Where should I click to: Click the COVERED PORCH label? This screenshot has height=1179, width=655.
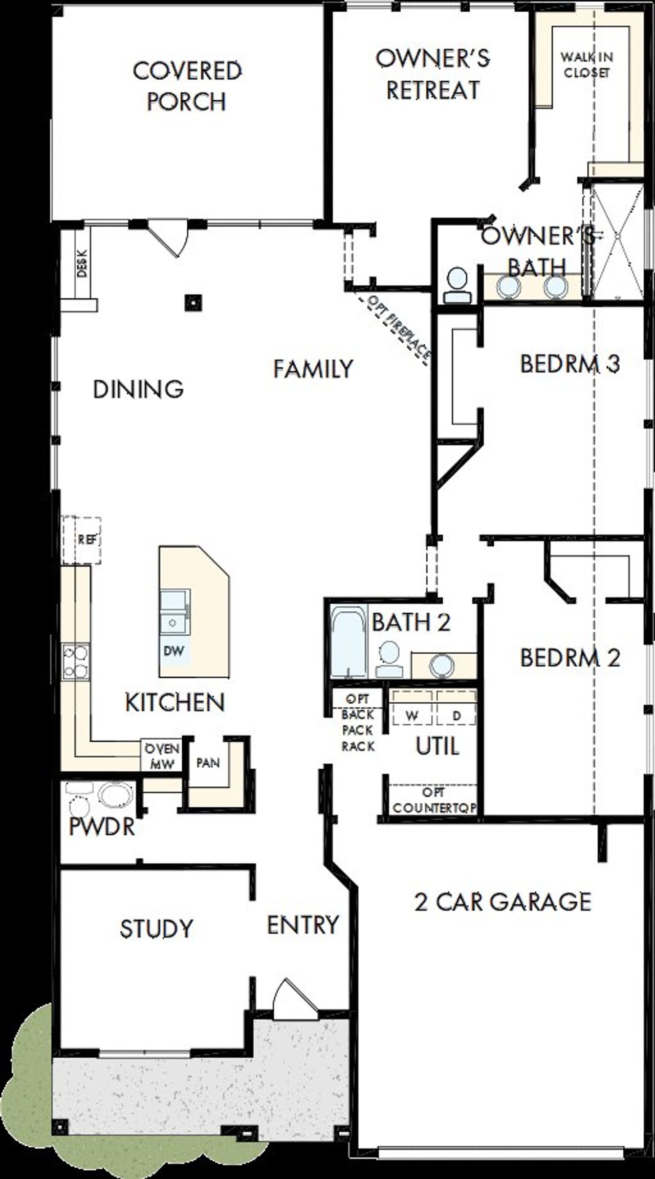click(187, 86)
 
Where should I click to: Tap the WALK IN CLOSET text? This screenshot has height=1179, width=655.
click(586, 64)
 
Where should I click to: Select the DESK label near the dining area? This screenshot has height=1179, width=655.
click(82, 263)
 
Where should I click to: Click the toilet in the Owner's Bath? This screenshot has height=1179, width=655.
click(456, 285)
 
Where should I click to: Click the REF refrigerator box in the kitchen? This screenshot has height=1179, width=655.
click(86, 540)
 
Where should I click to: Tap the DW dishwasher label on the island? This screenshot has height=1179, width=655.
click(173, 651)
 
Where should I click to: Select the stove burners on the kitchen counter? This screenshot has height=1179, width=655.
click(75, 662)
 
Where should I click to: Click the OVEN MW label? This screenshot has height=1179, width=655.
click(161, 756)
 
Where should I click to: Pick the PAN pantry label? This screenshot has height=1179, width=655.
click(208, 763)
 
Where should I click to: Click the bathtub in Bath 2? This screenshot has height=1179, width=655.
click(348, 641)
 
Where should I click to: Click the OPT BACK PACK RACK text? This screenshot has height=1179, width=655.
click(358, 722)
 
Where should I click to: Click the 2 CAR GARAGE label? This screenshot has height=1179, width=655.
click(503, 901)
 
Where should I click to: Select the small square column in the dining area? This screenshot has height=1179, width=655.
click(193, 303)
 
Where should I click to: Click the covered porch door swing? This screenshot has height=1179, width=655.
click(169, 238)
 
